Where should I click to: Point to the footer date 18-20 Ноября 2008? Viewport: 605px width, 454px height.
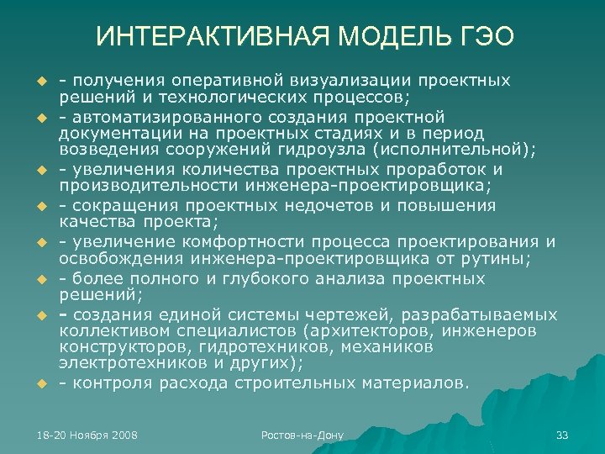87,435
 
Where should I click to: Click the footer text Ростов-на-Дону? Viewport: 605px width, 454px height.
302,435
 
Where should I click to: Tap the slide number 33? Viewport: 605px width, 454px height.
562,435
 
